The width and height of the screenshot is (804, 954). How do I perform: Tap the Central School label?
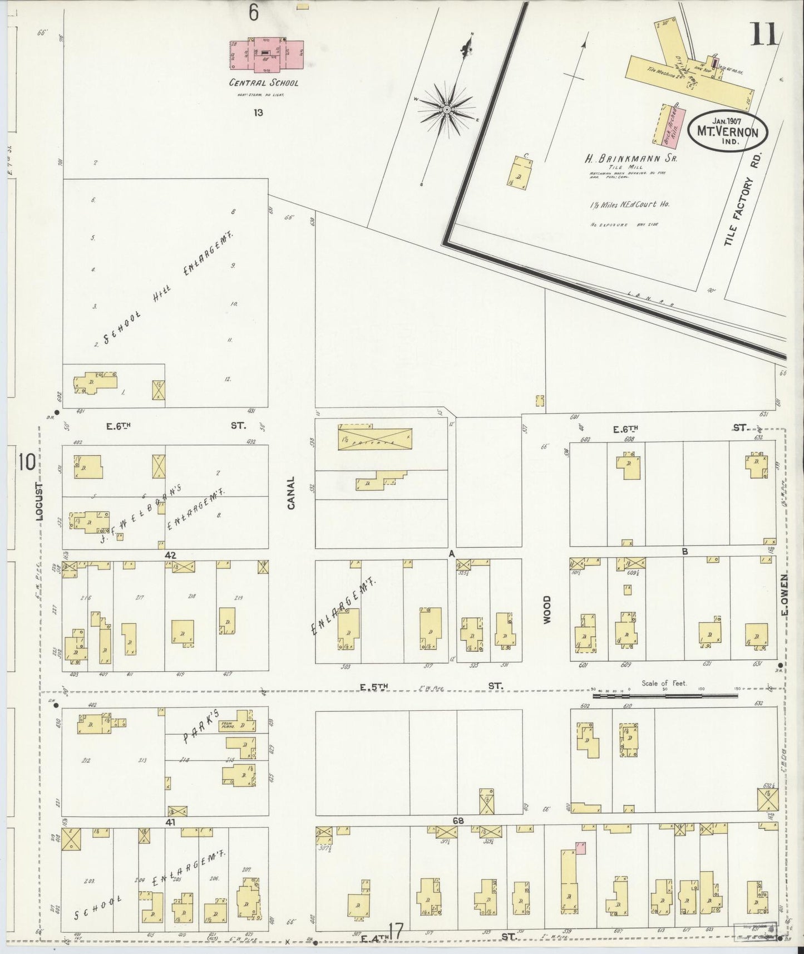click(x=264, y=83)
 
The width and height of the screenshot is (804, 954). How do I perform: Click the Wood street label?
click(x=546, y=609)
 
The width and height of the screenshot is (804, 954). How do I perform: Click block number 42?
click(x=170, y=555)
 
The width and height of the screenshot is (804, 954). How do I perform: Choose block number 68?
click(x=458, y=820)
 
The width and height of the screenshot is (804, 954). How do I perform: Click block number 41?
click(x=170, y=821)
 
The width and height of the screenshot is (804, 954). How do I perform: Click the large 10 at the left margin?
click(x=26, y=463)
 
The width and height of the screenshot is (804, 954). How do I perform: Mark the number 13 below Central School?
click(x=258, y=112)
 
